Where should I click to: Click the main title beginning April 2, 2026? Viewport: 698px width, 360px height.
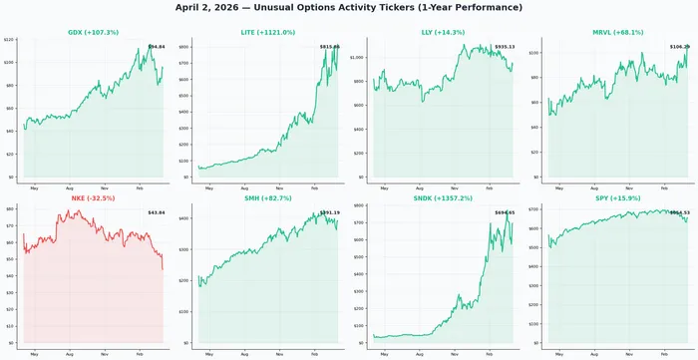click(x=349, y=7)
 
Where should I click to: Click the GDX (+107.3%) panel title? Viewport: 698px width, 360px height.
click(x=94, y=32)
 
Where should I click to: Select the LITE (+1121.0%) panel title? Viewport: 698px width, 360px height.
click(x=267, y=32)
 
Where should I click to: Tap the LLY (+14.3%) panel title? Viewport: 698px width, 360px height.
click(x=442, y=32)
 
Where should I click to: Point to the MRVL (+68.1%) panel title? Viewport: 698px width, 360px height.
click(x=615, y=32)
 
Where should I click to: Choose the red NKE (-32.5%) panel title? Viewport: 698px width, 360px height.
click(x=94, y=198)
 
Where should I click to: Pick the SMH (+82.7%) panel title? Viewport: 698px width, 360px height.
click(x=267, y=198)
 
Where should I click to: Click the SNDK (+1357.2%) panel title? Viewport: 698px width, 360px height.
click(x=442, y=198)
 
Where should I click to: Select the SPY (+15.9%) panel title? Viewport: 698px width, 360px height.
click(x=615, y=198)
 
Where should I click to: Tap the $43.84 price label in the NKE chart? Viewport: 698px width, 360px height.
click(x=156, y=212)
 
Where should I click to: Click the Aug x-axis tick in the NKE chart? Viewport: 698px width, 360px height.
click(x=69, y=354)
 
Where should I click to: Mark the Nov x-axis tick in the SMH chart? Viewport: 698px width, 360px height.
click(x=279, y=354)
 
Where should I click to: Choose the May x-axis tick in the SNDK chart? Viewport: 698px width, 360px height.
click(x=383, y=354)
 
